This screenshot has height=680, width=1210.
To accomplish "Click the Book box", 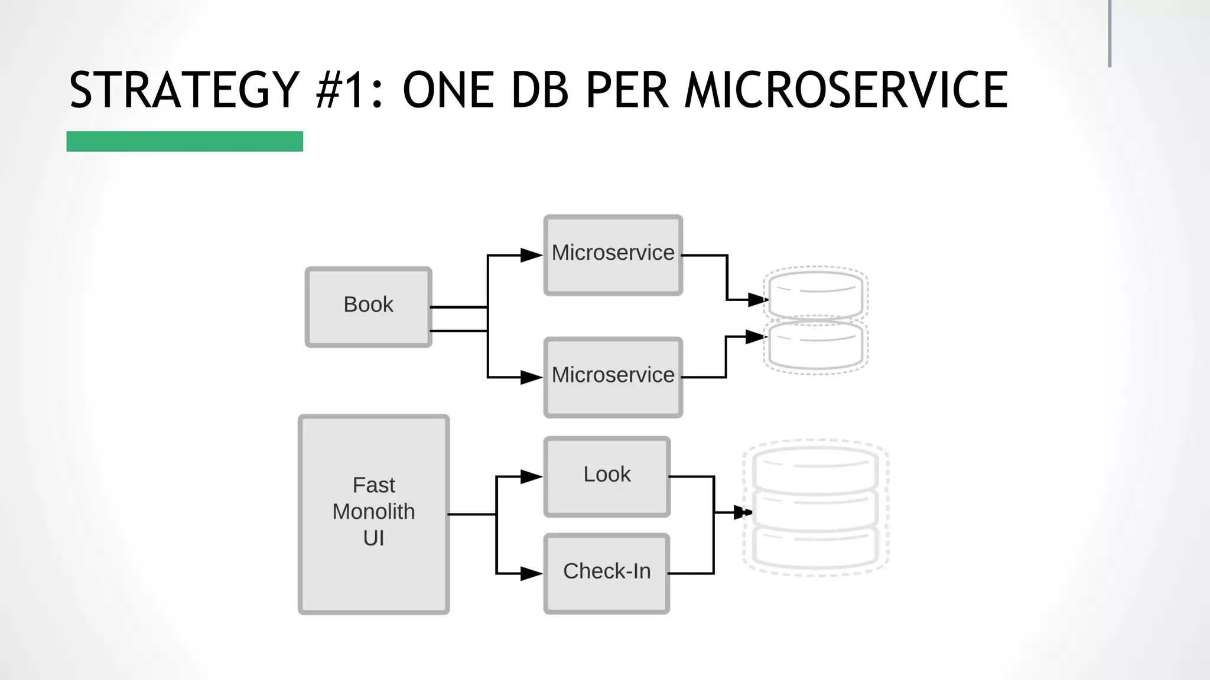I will (368, 307).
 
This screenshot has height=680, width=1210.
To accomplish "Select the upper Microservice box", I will (613, 255).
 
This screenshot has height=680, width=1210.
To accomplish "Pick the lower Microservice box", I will (613, 377).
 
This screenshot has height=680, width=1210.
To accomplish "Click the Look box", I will (607, 476).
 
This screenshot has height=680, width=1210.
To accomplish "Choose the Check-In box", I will (607, 573).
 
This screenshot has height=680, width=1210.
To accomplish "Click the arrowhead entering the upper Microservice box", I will (531, 256).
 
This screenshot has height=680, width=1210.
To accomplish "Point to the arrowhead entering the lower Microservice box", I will (531, 377).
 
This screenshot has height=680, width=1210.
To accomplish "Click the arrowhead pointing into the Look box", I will (531, 476).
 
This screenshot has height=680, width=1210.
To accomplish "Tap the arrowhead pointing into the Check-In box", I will (531, 573).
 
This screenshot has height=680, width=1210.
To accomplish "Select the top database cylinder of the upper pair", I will (816, 293).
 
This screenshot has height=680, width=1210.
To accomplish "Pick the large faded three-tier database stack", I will (816, 508).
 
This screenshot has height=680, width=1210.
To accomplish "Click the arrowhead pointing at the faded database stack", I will (742, 512).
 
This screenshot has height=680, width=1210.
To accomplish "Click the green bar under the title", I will (184, 142).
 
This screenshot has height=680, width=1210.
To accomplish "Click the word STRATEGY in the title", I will (184, 90).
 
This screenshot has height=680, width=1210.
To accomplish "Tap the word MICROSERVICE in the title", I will (845, 90).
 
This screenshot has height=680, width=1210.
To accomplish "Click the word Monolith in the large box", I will (373, 511).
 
